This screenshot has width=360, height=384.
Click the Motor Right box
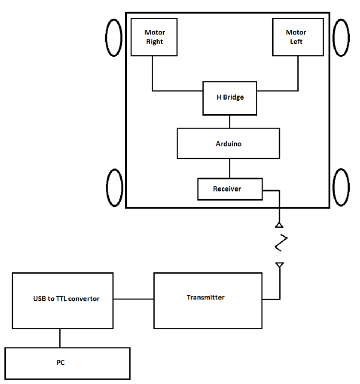coord(154,37)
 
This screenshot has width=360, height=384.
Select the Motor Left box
coord(296,37)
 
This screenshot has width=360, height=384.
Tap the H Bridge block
coord(229,98)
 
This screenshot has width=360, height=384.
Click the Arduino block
coord(228,143)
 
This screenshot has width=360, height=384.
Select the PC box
coord(67,363)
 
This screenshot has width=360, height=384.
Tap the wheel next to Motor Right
coord(114,37)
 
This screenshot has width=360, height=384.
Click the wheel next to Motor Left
coord(342,37)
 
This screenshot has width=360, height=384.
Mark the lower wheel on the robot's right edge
coord(342,188)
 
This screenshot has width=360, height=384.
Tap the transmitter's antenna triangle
coord(279,265)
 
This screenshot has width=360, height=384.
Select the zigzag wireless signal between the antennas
coord(281,243)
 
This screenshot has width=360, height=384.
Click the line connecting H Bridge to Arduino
coord(229,121)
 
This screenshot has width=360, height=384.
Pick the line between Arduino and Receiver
coord(229,168)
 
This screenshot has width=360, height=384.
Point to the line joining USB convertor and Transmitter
coord(133,300)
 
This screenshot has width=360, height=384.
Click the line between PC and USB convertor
coord(60,338)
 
